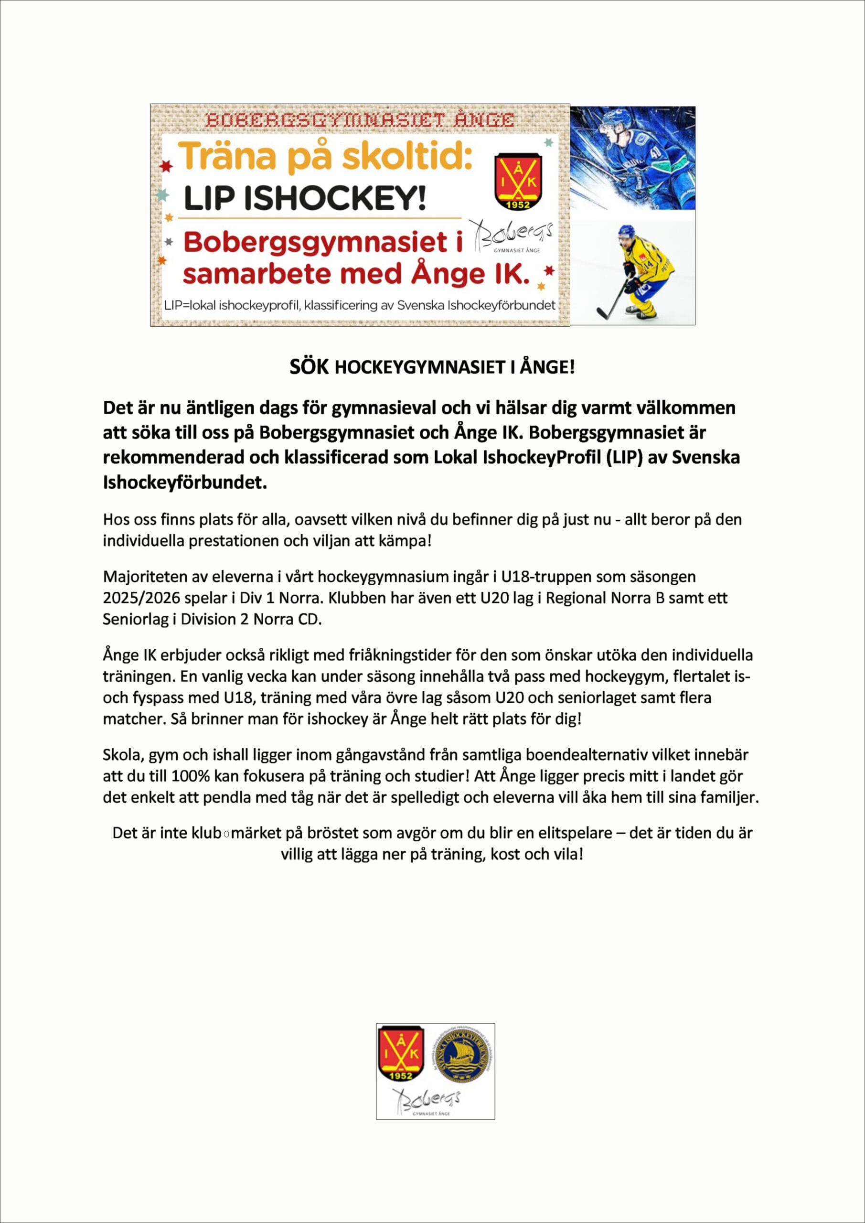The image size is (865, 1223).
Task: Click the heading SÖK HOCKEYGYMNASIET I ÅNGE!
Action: [432, 367]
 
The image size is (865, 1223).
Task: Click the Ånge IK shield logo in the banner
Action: [518, 182]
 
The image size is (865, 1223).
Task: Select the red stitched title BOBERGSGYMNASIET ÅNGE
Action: [360, 120]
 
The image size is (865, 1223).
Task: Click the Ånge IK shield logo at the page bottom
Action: [401, 1053]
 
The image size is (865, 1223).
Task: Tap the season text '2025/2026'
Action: [141, 598]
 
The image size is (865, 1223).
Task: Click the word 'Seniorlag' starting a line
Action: [135, 620]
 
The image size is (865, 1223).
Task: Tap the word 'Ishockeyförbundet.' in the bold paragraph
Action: [184, 482]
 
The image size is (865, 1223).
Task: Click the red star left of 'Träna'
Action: [167, 167]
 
